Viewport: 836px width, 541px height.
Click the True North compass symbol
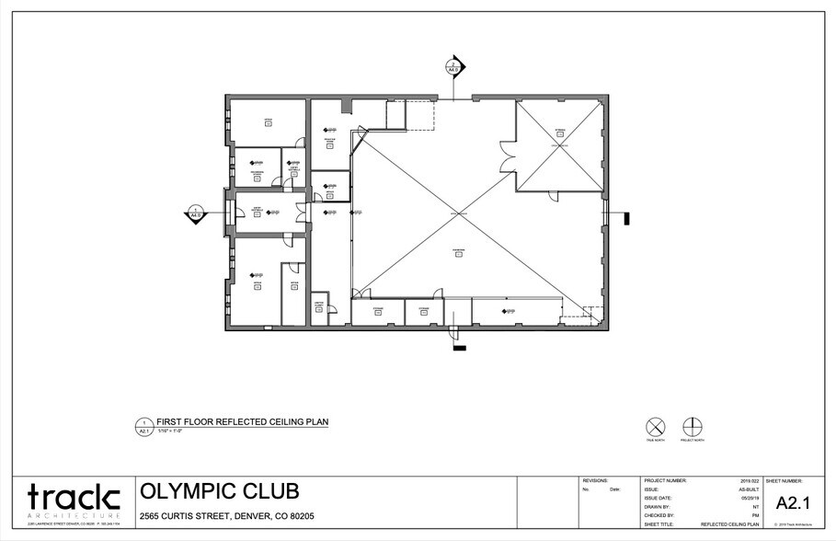point(655,427)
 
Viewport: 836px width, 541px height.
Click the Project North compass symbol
point(693,427)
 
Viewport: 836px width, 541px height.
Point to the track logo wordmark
point(74,498)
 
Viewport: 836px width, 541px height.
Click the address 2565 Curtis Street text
point(226,516)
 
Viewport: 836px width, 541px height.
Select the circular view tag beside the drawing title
point(143,425)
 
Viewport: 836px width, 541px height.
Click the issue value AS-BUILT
point(750,489)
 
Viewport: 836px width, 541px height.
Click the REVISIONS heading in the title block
point(597,481)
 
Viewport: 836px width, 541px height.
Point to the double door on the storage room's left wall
point(506,155)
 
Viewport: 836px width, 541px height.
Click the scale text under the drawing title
point(171,431)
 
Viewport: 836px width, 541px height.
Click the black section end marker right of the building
point(625,218)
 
